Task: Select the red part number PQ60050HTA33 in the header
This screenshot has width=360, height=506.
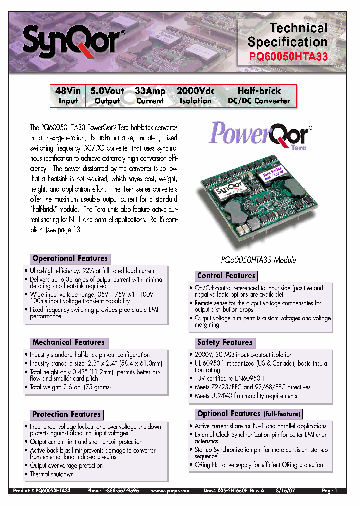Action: pyautogui.click(x=288, y=57)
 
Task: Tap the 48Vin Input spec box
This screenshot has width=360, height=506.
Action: pyautogui.click(x=68, y=96)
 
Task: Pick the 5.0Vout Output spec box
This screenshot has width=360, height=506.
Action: pyautogui.click(x=107, y=96)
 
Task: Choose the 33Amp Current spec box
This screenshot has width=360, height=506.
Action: pyautogui.click(x=149, y=96)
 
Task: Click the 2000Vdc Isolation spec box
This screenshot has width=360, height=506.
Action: pyautogui.click(x=196, y=96)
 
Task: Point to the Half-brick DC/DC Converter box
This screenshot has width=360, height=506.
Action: pyautogui.click(x=259, y=96)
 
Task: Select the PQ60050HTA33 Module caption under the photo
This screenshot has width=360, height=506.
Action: pyautogui.click(x=259, y=260)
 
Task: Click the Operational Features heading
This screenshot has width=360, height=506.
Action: pyautogui.click(x=70, y=259)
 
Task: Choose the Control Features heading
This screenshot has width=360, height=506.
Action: pyautogui.click(x=226, y=276)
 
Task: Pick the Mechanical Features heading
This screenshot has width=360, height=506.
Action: pyautogui.click(x=69, y=343)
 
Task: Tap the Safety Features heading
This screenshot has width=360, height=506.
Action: pyautogui.click(x=225, y=343)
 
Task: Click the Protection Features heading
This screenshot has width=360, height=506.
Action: pyautogui.click(x=67, y=414)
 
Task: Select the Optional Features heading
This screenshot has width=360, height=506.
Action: pyautogui.click(x=249, y=414)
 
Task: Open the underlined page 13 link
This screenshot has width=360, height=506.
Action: pyautogui.click(x=77, y=230)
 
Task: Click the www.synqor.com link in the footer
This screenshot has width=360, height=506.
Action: pyautogui.click(x=170, y=491)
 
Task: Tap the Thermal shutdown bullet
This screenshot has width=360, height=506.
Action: pyautogui.click(x=52, y=474)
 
